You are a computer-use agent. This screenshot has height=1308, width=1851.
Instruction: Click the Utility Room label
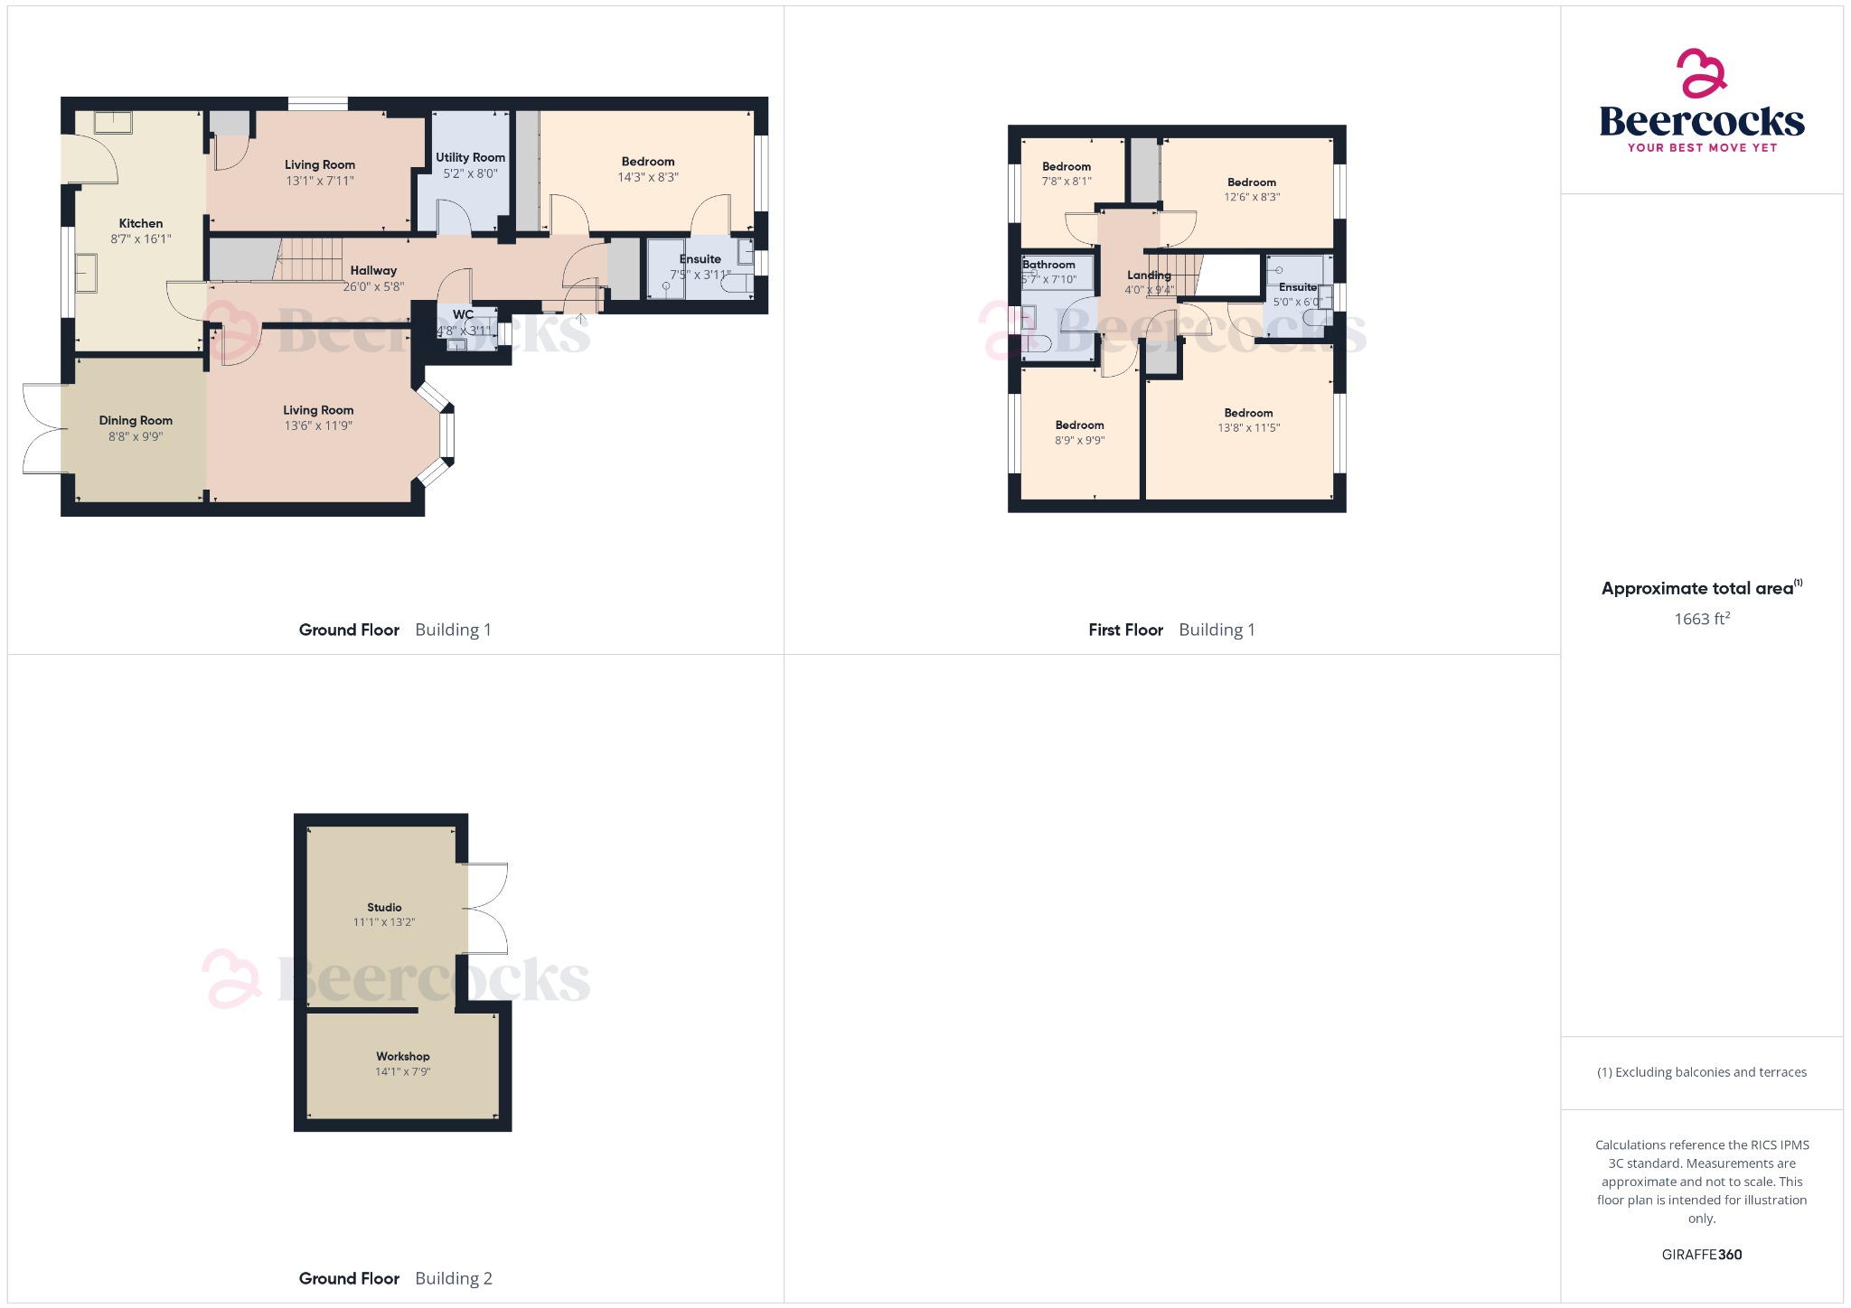coord(470,157)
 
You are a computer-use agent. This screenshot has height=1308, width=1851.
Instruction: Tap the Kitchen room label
coord(141,223)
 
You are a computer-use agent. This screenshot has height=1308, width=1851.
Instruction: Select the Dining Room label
coord(136,420)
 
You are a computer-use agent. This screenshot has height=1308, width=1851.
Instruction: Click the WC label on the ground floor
coord(463,314)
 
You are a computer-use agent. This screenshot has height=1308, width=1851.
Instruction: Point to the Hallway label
coord(373,270)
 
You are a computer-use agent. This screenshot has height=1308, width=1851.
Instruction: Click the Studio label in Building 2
coord(384,907)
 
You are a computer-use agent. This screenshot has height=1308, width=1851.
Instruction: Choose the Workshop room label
coord(403,1056)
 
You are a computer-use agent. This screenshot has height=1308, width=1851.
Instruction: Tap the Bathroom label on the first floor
coord(1048,265)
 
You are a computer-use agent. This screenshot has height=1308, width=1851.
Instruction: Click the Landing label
coord(1149,275)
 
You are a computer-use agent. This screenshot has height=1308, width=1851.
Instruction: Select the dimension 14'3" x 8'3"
coord(648,177)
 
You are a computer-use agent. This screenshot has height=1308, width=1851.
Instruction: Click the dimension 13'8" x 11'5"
coord(1248,428)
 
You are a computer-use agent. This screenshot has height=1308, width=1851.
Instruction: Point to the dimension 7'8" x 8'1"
coord(1066,182)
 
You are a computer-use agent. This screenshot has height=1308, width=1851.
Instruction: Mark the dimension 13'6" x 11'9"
coord(318,425)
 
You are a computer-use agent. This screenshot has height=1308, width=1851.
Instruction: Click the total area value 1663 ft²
coord(1702,619)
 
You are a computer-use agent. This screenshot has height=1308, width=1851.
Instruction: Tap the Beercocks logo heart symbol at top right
coord(1701,73)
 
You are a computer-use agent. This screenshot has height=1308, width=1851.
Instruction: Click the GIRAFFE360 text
coord(1702,1255)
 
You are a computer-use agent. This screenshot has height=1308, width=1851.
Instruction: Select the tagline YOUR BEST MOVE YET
coord(1702,147)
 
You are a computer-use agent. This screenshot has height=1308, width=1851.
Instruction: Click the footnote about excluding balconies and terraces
coord(1702,1072)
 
